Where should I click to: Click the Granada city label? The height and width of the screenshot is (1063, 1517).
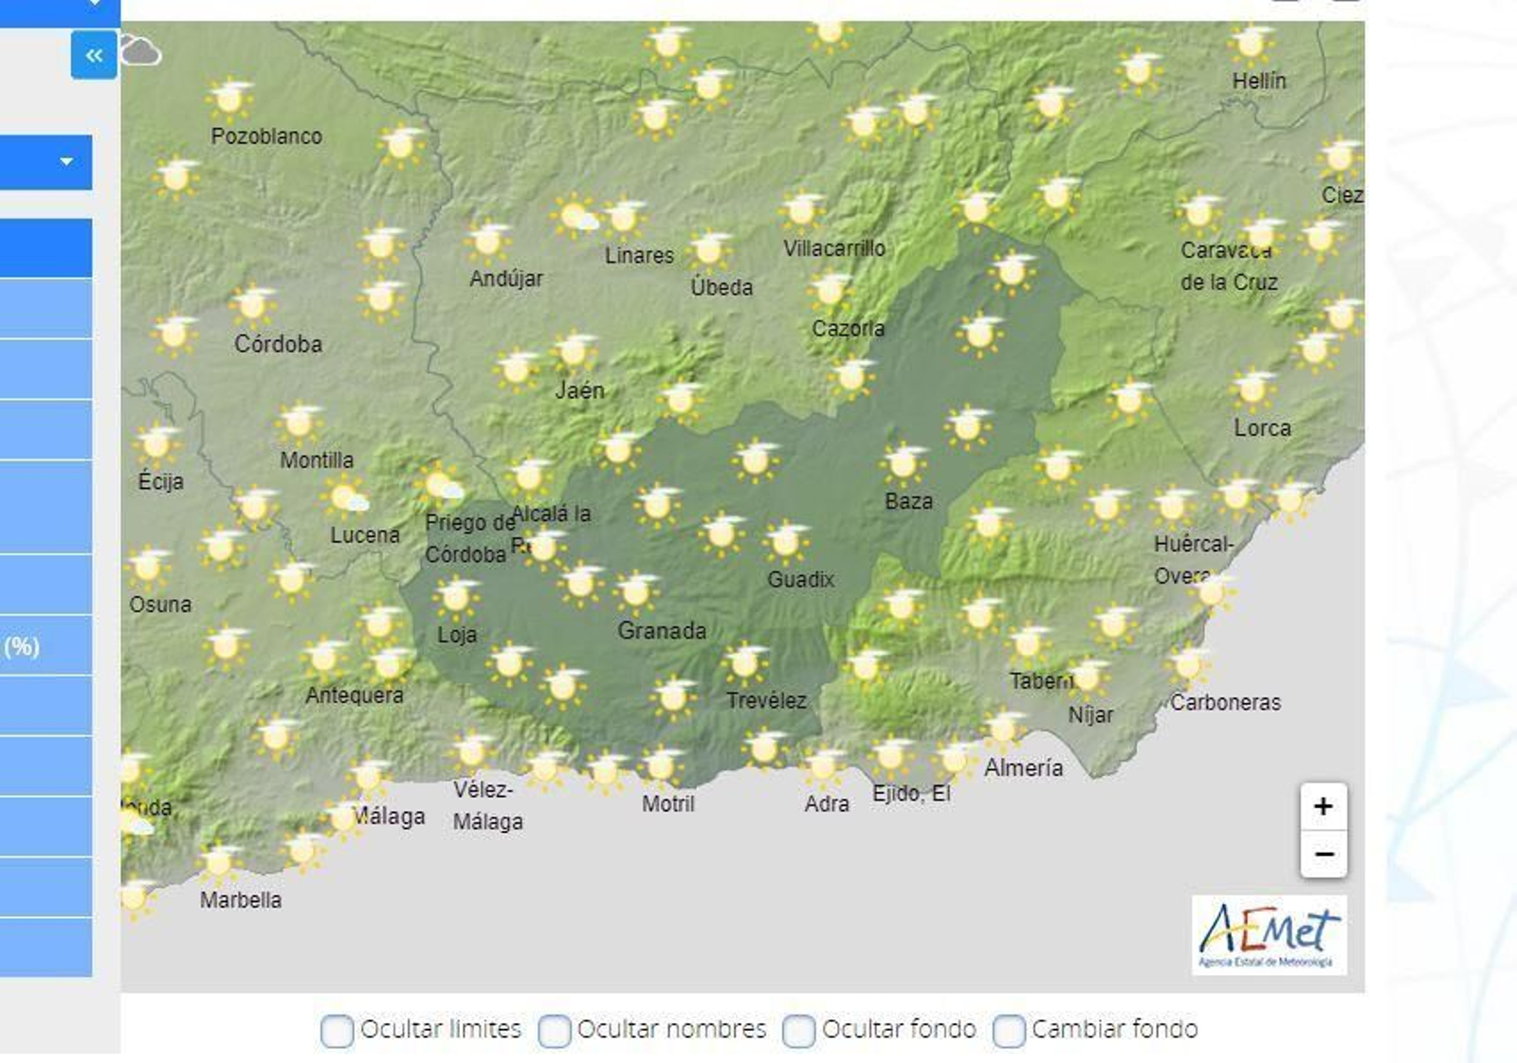click(x=662, y=630)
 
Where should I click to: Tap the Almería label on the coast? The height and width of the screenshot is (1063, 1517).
click(x=1023, y=767)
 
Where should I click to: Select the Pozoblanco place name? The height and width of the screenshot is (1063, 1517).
click(x=266, y=136)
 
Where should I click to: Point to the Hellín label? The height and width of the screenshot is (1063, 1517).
click(x=1259, y=81)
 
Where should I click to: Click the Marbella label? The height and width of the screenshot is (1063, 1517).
click(x=241, y=900)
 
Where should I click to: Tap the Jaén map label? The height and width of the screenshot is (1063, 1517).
click(x=579, y=390)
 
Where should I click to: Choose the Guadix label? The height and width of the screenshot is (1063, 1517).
click(x=800, y=580)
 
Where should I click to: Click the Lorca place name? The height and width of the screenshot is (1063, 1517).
click(x=1262, y=428)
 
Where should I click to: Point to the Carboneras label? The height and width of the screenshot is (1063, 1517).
click(x=1225, y=703)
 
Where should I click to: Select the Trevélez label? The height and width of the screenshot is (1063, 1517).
click(x=766, y=701)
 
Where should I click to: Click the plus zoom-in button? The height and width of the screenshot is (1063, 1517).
click(x=1324, y=806)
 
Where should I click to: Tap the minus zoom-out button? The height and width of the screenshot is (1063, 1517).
click(x=1324, y=855)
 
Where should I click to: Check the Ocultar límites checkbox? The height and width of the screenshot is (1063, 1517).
click(x=337, y=1031)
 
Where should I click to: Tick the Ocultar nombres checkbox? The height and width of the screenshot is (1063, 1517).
click(x=555, y=1031)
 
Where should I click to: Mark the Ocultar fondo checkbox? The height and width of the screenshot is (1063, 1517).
click(x=798, y=1031)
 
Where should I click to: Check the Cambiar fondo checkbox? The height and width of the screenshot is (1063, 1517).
click(x=1009, y=1031)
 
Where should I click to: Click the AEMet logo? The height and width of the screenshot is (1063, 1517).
click(x=1269, y=935)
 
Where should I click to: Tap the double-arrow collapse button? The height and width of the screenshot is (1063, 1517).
click(x=94, y=55)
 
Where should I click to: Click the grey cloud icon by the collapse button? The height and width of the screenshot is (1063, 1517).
click(x=140, y=51)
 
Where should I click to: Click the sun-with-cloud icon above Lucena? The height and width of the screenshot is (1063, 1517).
click(x=347, y=496)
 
